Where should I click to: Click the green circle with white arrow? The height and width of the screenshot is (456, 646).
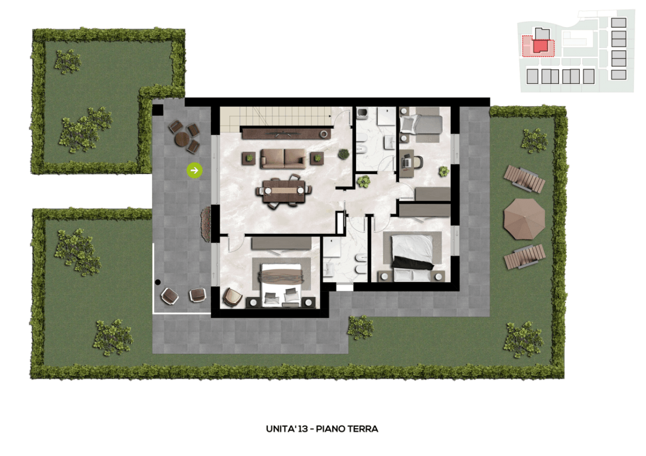tap(195, 170)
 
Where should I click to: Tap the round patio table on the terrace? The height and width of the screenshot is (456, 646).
tap(182, 139)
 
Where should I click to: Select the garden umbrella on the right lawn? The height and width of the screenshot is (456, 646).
tap(524, 219)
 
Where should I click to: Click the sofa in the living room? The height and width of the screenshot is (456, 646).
tap(283, 158)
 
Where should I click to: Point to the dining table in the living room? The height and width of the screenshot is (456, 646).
tap(284, 191)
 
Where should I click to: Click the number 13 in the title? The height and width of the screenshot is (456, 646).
tap(303, 429)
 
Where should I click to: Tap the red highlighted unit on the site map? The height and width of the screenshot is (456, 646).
tap(542, 46)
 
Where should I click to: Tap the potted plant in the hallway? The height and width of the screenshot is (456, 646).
tap(363, 181)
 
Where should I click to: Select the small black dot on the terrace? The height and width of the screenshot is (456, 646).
tap(158, 282)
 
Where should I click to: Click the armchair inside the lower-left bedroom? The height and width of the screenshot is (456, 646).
tap(233, 297)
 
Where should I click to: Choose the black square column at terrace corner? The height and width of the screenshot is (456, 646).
tap(158, 110)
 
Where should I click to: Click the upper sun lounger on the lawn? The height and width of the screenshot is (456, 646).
tap(524, 178)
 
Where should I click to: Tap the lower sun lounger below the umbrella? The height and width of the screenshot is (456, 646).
tap(525, 256)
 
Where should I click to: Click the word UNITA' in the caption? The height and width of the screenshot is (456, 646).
tap(281, 429)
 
